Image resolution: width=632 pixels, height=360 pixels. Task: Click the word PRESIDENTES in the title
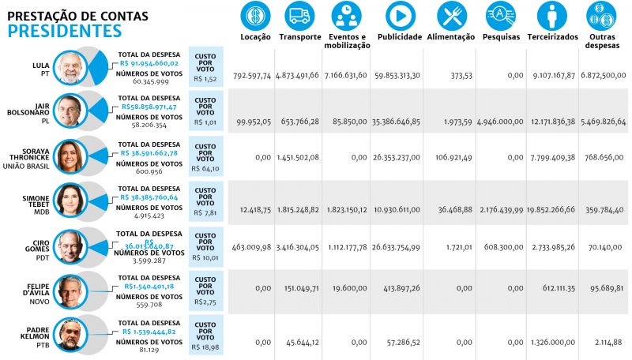coord(65,31)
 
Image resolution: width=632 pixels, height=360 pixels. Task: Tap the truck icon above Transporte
coord(299,15)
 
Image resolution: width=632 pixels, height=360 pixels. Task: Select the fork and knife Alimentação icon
coord(451,15)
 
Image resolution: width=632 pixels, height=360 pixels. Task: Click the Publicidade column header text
coord(401,36)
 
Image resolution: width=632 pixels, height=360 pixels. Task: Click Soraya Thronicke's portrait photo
coord(70,156)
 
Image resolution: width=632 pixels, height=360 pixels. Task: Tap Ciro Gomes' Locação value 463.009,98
coord(252,248)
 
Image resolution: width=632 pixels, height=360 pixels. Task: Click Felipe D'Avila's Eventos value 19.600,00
coord(349,288)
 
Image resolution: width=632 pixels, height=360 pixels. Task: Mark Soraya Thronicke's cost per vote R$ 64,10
coord(205,169)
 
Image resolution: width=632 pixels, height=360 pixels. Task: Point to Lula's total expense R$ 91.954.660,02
coord(150,62)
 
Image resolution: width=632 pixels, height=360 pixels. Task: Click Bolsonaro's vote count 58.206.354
coord(139,125)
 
